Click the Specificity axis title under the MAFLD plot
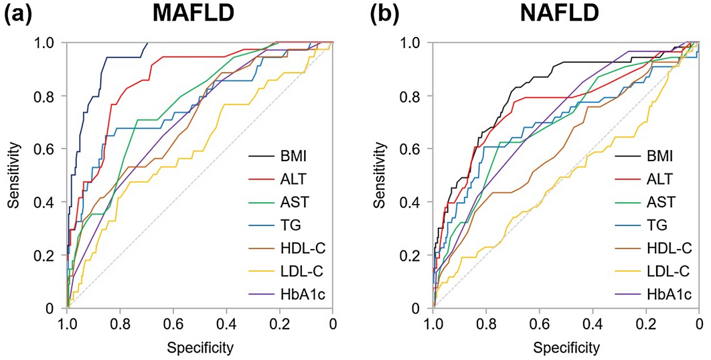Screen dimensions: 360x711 tap(200, 347)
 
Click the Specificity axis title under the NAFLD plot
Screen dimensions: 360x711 tap(566, 347)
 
